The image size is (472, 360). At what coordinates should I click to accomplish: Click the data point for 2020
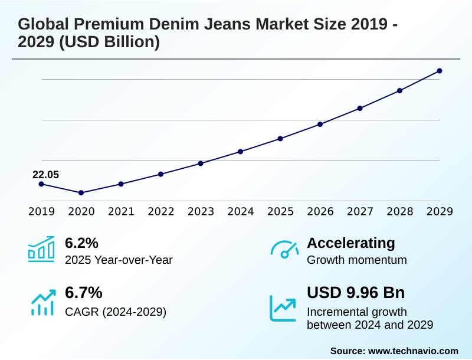click(81, 193)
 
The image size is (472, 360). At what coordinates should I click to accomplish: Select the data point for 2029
click(440, 71)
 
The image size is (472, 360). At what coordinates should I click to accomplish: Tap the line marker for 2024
click(241, 152)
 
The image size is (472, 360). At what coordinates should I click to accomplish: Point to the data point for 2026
click(320, 125)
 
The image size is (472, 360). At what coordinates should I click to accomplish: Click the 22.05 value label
click(45, 175)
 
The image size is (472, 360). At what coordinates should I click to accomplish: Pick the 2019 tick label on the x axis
click(41, 211)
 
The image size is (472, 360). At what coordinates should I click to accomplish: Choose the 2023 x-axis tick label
click(201, 211)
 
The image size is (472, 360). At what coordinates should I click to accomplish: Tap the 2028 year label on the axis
click(399, 211)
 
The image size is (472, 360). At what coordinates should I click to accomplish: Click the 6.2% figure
click(81, 243)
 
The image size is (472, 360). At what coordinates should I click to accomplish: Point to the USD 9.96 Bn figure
click(356, 293)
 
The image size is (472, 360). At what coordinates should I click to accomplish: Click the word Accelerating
click(351, 243)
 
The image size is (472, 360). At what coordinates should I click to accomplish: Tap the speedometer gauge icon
click(284, 250)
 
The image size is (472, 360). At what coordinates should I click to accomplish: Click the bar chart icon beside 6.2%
click(41, 250)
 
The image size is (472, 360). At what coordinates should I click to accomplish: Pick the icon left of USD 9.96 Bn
click(283, 307)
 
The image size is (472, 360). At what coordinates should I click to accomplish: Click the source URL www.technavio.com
click(413, 351)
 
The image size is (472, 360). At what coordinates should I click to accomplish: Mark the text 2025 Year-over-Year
click(119, 260)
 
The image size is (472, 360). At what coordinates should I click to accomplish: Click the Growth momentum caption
click(357, 260)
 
